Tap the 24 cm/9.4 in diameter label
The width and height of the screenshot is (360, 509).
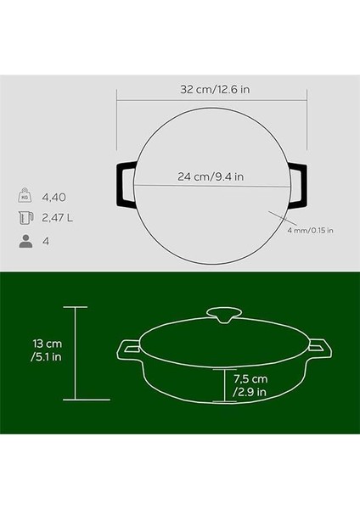(211, 177)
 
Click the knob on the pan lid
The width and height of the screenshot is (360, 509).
(226, 316)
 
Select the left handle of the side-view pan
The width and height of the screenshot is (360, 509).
(129, 348)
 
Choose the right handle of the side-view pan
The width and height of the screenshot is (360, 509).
(321, 348)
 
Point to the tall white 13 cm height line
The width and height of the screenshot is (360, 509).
(76, 353)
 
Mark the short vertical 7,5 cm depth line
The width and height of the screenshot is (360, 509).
(226, 384)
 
